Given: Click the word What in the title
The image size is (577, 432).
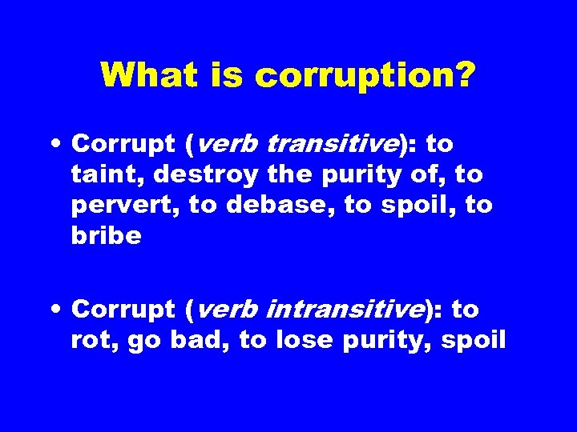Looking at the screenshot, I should (x=148, y=76).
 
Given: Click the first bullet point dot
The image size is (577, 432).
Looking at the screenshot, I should (x=60, y=145).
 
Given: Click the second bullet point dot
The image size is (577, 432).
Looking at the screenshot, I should (x=60, y=310).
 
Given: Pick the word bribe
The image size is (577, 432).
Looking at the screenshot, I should (x=106, y=235).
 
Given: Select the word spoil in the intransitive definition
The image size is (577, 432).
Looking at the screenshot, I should (x=473, y=340).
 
